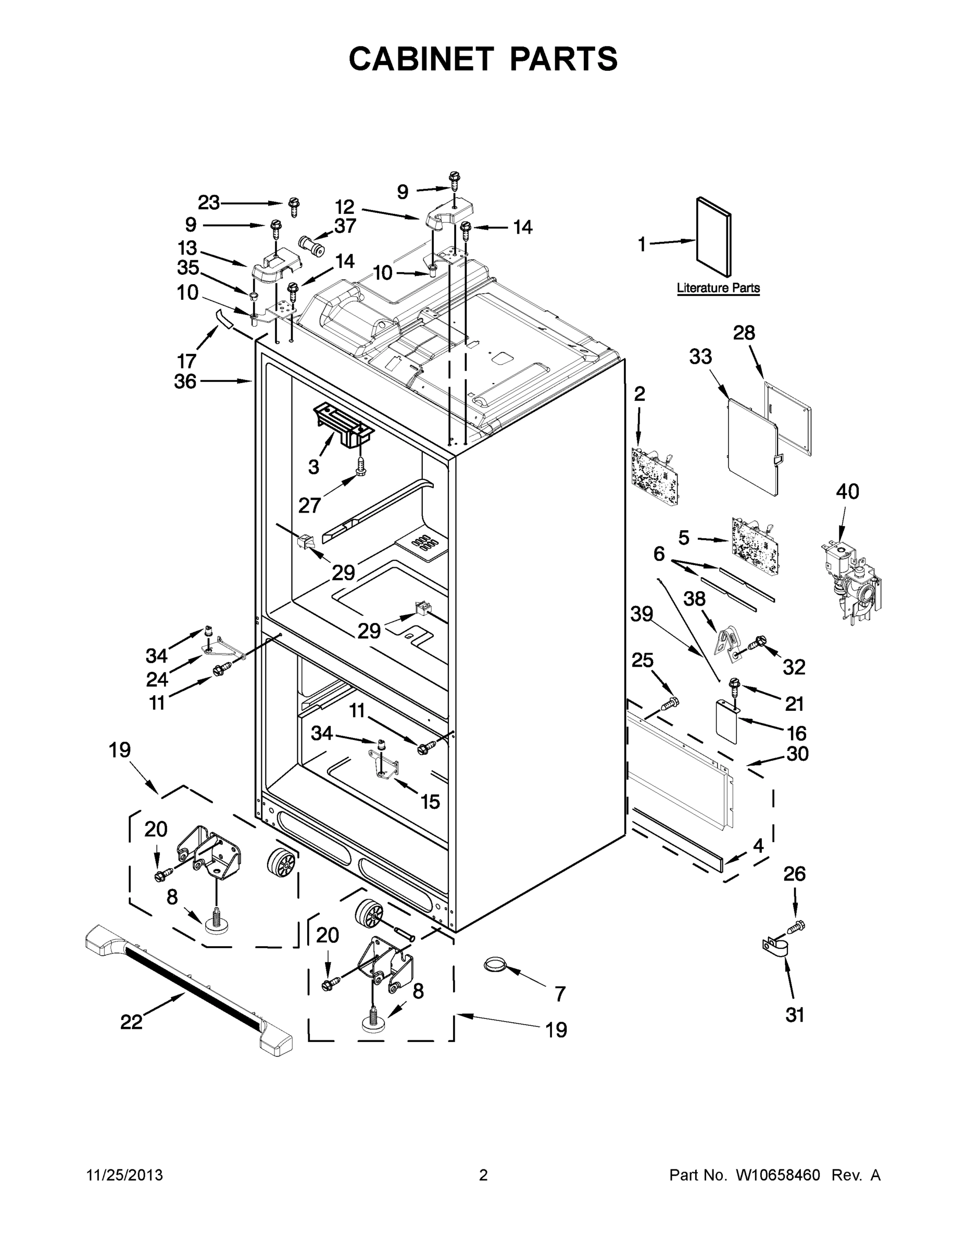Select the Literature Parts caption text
[x=718, y=288]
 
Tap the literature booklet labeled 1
[x=713, y=237]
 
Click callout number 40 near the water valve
[x=847, y=491]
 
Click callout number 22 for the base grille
[x=131, y=1022]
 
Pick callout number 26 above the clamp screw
[x=794, y=874]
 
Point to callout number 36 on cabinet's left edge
[x=185, y=381]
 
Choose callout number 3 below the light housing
[x=313, y=467]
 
